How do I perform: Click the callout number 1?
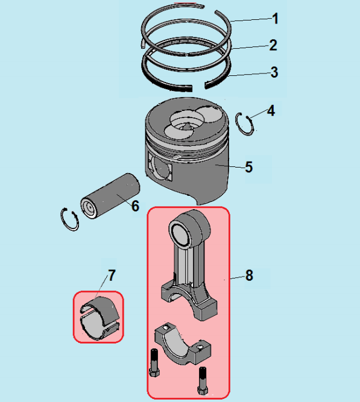tap(275, 19)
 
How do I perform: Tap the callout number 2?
tap(273, 45)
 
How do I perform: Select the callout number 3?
tap(274, 72)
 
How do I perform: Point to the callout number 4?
tap(271, 111)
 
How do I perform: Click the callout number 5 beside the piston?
tap(248, 167)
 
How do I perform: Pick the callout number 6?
tap(135, 206)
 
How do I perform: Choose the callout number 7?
tap(112, 275)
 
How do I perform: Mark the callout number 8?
tap(249, 275)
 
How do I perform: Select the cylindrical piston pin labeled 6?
tap(110, 196)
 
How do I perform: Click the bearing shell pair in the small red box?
tap(99, 318)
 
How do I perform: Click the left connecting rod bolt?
tap(154, 362)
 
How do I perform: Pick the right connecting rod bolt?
tap(202, 381)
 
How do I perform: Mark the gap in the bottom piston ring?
tap(198, 87)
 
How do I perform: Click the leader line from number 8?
tap(237, 277)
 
